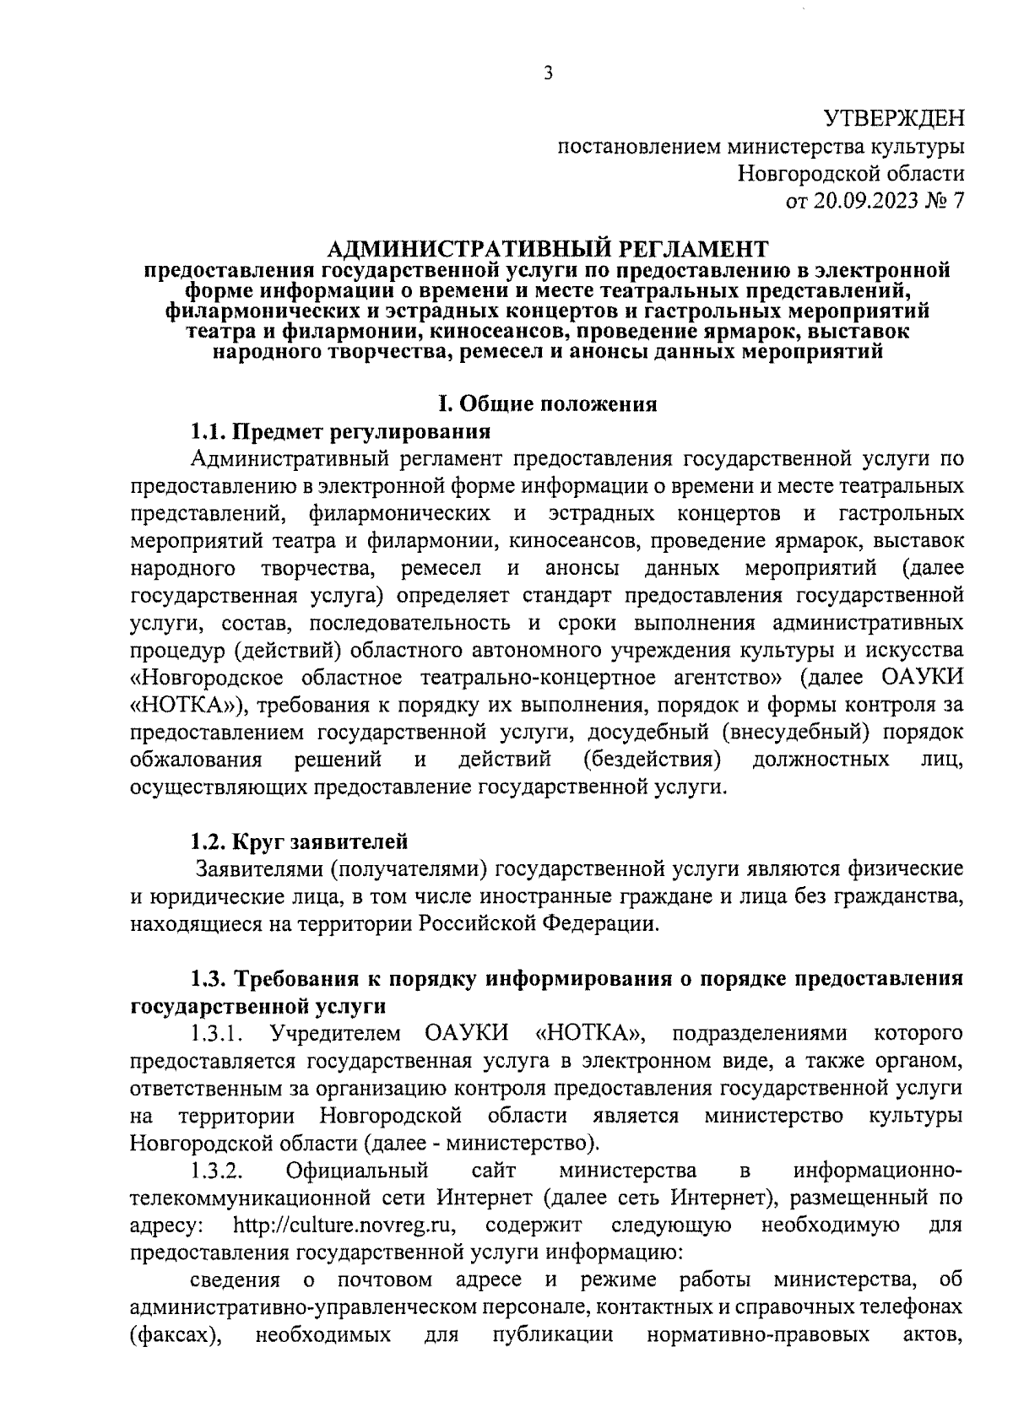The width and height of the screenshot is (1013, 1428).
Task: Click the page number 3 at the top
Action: click(x=548, y=73)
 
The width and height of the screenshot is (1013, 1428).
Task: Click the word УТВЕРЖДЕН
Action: click(x=893, y=119)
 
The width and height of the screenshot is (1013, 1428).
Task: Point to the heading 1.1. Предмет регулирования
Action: click(x=340, y=432)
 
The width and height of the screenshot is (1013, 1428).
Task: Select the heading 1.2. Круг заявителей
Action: click(x=299, y=841)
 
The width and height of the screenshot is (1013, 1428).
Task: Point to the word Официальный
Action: click(x=357, y=1171)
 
